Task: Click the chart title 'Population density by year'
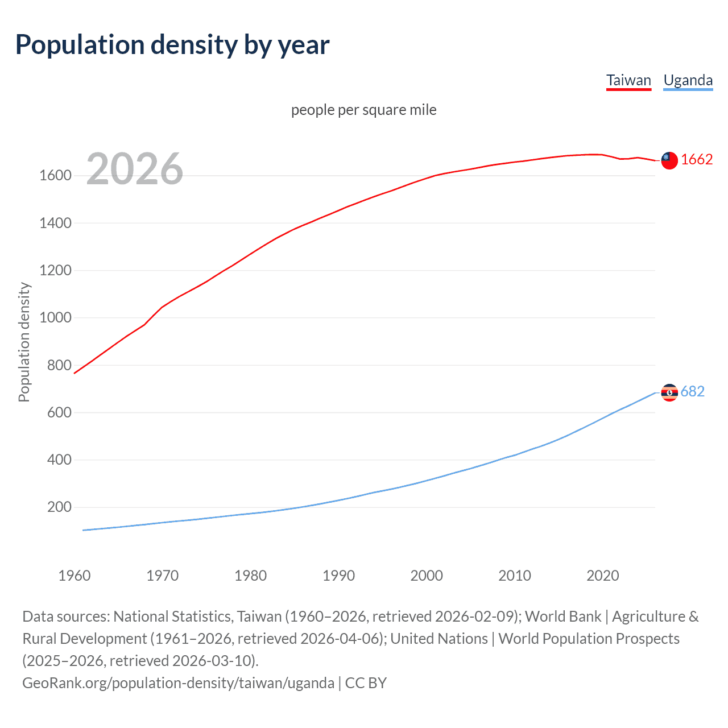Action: (172, 45)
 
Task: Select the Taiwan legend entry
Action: (628, 80)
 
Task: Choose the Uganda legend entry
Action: (688, 80)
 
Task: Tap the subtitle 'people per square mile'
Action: (363, 110)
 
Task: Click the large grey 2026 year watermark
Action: (135, 169)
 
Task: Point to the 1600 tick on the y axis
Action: (55, 176)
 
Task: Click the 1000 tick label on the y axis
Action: (55, 318)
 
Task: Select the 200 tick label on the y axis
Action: (59, 507)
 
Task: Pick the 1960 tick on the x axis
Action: (75, 576)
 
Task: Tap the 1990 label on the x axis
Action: (338, 576)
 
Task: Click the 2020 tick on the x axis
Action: (602, 576)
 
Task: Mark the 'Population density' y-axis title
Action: (24, 342)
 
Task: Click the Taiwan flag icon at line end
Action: (669, 160)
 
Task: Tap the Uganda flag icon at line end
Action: (669, 392)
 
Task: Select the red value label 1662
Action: (696, 160)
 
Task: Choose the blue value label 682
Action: (692, 392)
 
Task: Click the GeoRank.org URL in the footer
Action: (178, 683)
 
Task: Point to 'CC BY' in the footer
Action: (366, 683)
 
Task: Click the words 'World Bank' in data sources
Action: (562, 617)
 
